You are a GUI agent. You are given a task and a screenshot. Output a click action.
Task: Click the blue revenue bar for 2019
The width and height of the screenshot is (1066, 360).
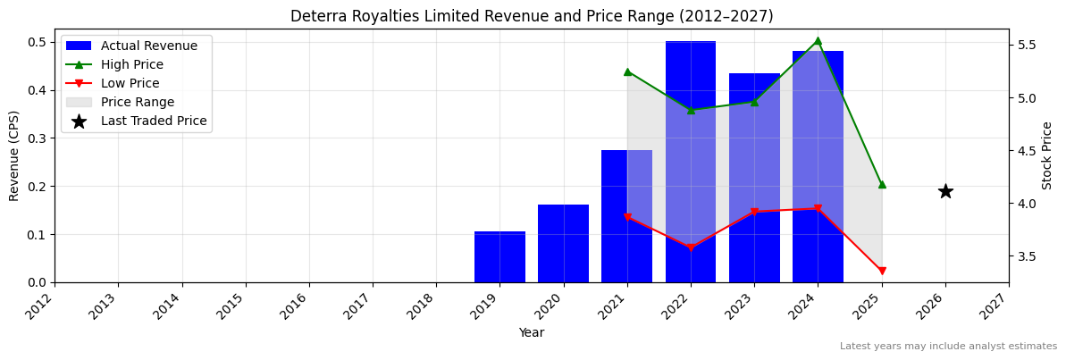499,257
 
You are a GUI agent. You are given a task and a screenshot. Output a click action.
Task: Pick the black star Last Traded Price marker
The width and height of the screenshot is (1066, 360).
945,191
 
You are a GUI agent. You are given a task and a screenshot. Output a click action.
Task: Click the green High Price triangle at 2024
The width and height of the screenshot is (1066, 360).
818,40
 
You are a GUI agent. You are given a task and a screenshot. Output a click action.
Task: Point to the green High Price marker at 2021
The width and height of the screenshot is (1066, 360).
627,71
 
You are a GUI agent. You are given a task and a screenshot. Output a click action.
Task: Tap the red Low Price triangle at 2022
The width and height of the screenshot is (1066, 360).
691,247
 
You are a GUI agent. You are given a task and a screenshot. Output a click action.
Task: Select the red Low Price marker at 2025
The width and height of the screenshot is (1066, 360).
882,272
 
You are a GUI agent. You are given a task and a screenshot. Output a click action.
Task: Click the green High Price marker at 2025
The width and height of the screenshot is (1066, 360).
882,184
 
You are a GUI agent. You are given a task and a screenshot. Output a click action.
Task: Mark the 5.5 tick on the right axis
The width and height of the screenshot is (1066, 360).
1026,45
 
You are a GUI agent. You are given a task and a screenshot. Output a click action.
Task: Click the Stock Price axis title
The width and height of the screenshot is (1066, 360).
1047,155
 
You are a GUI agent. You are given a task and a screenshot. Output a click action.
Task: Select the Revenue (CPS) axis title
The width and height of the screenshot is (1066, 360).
13,155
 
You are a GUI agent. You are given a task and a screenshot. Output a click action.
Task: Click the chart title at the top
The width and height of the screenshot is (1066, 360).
532,16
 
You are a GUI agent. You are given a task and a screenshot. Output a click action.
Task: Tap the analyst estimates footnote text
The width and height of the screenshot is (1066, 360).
948,347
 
